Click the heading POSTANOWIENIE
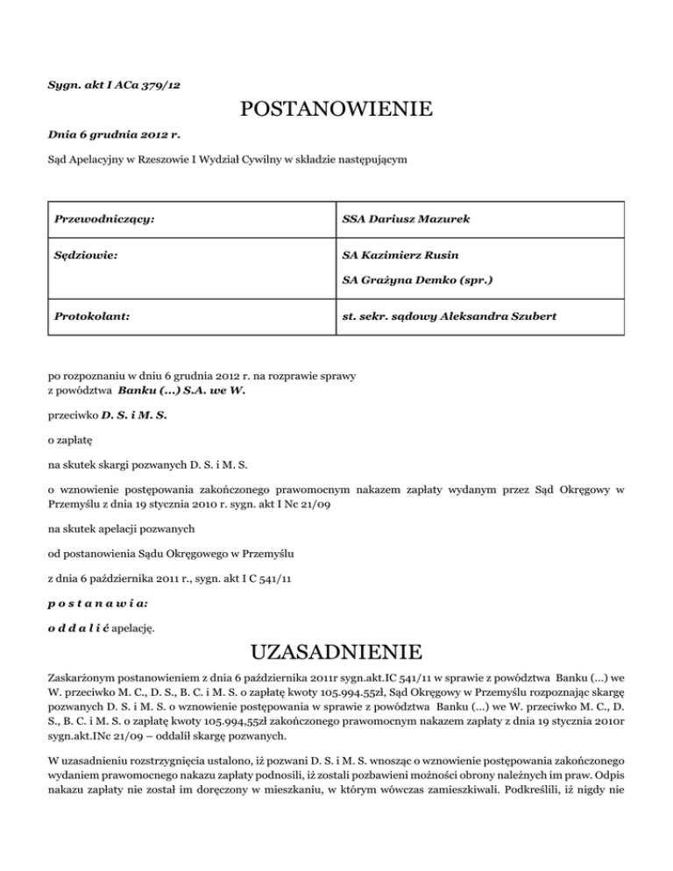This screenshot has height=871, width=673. tap(336, 110)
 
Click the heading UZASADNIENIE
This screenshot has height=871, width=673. tap(336, 652)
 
